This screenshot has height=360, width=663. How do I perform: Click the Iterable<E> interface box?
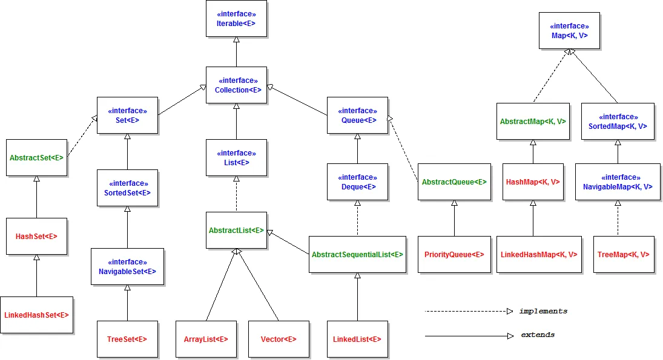click(x=236, y=18)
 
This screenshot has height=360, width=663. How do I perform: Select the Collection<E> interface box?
click(x=236, y=85)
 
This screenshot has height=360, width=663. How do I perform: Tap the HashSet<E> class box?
click(x=36, y=236)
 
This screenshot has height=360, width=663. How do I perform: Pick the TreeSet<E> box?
click(x=127, y=339)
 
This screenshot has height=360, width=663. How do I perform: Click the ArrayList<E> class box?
click(x=206, y=339)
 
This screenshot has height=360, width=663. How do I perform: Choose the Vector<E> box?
click(x=279, y=339)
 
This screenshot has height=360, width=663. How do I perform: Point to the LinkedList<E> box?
click(x=357, y=339)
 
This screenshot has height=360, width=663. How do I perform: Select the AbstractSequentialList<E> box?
click(x=357, y=255)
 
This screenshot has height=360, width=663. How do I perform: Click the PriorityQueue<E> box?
click(x=454, y=255)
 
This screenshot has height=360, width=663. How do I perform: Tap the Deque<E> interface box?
click(x=357, y=182)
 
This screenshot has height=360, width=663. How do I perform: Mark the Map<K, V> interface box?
click(x=569, y=31)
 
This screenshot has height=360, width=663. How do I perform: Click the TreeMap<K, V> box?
click(x=624, y=255)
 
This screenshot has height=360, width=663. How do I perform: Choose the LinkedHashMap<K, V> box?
click(x=539, y=255)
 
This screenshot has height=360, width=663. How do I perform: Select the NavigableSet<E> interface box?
click(x=127, y=266)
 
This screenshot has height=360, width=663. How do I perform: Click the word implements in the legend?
click(x=543, y=311)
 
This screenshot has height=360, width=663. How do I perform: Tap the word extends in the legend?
click(x=538, y=335)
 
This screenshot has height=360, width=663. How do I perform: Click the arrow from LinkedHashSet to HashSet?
click(x=36, y=275)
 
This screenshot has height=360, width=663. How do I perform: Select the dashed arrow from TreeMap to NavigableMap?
click(x=618, y=218)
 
